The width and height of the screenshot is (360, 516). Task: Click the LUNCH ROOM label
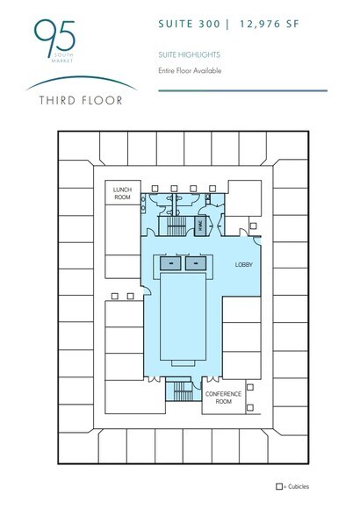click(119, 194)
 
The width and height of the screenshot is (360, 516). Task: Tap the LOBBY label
click(243, 264)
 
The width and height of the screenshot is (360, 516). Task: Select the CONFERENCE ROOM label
click(223, 398)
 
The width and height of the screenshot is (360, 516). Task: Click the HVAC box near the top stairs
click(201, 225)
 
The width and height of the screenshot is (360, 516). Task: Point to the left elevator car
click(166, 263)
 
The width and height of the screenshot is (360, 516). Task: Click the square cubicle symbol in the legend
click(280, 485)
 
